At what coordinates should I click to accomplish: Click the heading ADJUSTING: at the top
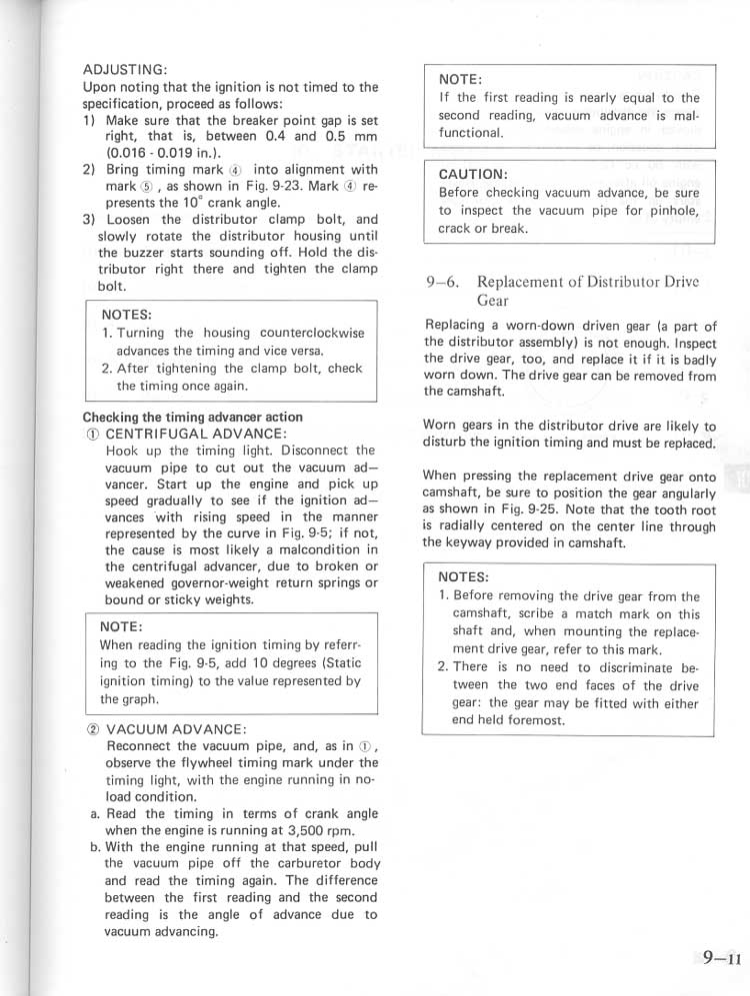pos(124,69)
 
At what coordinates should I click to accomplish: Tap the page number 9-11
pos(720,957)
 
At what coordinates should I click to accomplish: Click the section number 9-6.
pos(442,282)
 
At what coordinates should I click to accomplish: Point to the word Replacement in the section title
pos(520,282)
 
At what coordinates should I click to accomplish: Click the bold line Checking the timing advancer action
pos(192,417)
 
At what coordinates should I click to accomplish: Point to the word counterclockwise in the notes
pos(311,333)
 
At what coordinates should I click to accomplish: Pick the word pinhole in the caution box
pos(674,210)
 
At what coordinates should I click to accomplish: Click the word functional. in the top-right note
pos(470,133)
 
